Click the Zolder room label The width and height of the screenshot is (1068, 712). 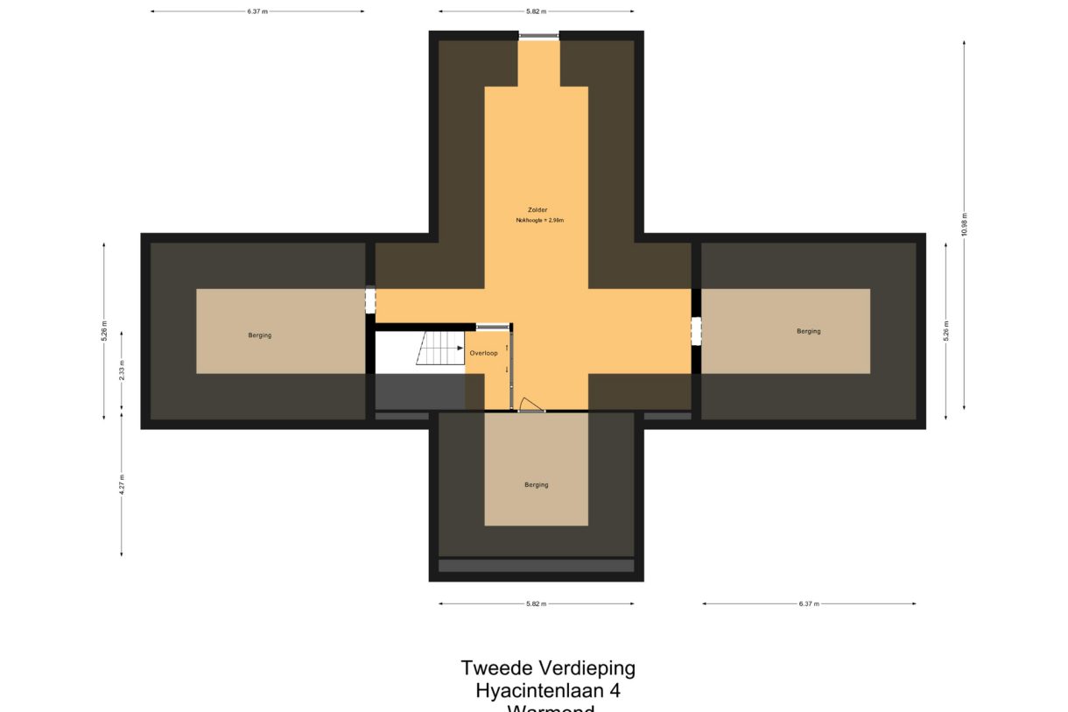537,210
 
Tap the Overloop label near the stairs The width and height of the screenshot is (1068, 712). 483,353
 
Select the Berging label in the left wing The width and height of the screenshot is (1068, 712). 259,335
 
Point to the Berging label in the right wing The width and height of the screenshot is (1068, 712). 808,331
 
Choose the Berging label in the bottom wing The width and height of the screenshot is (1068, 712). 537,484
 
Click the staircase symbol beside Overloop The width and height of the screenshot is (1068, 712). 439,348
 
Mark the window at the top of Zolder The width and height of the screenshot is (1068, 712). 538,36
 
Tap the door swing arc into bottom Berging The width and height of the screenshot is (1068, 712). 531,404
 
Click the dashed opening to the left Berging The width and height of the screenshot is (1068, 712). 370,300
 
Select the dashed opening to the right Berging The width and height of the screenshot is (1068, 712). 696,331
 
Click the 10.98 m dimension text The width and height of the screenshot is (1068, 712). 964,225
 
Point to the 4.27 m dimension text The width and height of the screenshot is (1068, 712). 122,484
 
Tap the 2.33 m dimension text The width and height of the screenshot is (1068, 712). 122,370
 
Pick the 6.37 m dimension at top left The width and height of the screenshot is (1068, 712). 257,11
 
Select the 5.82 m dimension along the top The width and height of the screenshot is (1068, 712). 536,11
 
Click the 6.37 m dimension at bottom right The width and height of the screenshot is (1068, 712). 808,603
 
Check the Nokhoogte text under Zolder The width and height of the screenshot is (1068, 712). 539,221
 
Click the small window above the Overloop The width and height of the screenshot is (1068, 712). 492,327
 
